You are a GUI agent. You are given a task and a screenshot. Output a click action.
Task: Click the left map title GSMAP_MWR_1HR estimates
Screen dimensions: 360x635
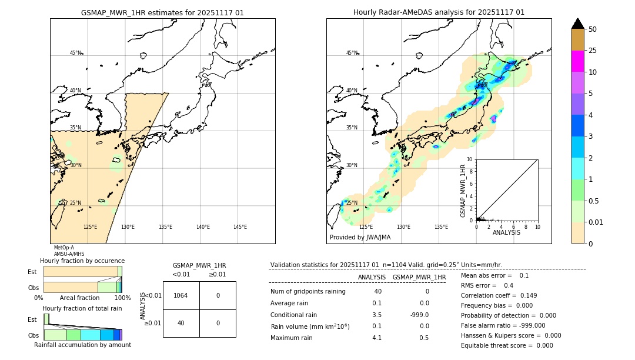coord(162,12)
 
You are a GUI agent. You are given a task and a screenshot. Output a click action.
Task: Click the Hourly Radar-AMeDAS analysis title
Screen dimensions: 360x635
coord(439,12)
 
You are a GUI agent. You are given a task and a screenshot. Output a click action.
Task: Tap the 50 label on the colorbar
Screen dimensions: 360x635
coord(593,29)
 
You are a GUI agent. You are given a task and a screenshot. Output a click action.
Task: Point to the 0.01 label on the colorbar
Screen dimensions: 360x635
coord(596,222)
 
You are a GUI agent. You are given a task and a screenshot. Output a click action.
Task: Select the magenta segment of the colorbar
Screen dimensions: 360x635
coord(577,61)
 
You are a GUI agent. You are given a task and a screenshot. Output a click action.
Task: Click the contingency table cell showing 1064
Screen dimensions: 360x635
coord(181,295)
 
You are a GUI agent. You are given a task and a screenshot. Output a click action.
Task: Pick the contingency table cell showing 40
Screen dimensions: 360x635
coord(181,323)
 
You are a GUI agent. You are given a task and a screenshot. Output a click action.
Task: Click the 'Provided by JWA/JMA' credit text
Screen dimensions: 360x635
coord(360,237)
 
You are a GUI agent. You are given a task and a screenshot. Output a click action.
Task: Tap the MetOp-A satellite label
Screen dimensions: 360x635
coord(64,248)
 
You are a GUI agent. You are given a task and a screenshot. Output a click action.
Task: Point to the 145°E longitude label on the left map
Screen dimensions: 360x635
coord(240,227)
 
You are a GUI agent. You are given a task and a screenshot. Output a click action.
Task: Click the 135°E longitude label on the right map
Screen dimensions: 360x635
coord(441,227)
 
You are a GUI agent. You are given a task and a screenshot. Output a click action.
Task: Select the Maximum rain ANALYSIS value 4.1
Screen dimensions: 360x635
coord(376,338)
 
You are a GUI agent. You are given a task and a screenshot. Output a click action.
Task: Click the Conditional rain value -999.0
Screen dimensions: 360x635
coord(419,315)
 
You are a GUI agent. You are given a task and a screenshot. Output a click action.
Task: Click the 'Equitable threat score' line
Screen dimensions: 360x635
coord(507,345)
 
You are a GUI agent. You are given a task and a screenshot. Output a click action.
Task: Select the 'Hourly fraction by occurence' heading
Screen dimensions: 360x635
coord(82,261)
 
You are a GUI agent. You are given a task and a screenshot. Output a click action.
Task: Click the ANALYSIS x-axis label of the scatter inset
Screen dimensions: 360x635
coord(506,232)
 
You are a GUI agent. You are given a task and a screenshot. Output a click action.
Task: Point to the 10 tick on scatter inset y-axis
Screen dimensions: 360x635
coord(469,159)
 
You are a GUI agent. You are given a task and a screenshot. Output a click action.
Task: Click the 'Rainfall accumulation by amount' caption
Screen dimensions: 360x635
coord(82,345)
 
